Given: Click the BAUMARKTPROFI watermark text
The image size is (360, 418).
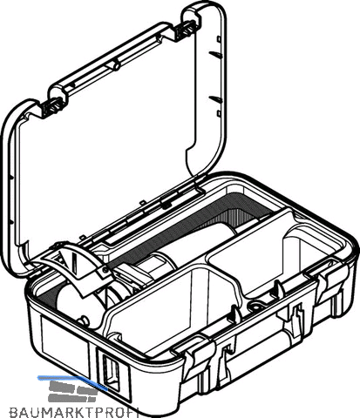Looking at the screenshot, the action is (74, 412).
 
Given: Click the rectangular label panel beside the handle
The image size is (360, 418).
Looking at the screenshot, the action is (65, 341).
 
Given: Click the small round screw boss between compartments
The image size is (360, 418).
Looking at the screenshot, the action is (255, 306).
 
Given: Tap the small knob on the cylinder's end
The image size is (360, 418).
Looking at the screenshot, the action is (82, 320).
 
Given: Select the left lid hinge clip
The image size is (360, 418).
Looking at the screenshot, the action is (52, 106).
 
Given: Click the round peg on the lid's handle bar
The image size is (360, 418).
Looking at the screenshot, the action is (115, 65).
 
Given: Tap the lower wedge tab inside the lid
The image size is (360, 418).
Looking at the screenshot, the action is (215, 99).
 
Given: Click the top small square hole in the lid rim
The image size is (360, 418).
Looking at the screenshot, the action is (219, 39).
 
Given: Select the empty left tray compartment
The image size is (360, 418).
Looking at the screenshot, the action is (174, 305).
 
